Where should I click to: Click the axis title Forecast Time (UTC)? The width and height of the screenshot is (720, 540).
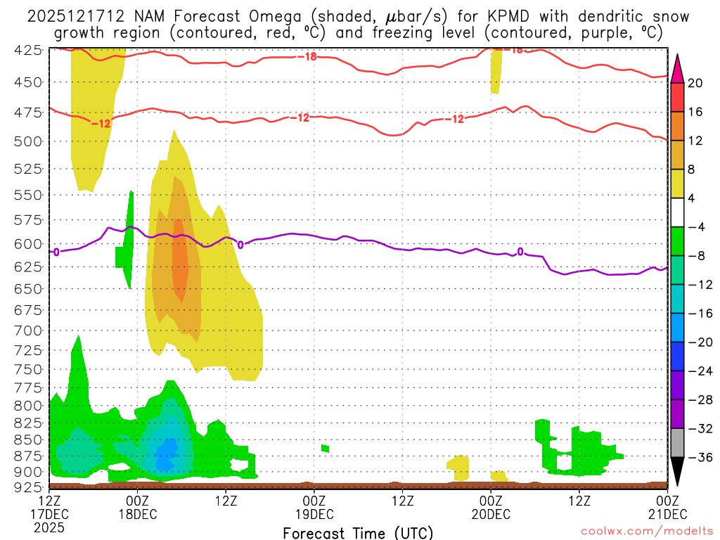[358, 532]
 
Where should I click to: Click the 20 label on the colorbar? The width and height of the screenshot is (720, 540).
[695, 83]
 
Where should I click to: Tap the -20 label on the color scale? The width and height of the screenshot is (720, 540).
[695, 342]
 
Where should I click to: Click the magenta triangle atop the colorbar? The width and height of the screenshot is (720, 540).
[678, 67]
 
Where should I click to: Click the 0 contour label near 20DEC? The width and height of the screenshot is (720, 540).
[520, 252]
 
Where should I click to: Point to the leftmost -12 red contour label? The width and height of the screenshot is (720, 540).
[101, 124]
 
